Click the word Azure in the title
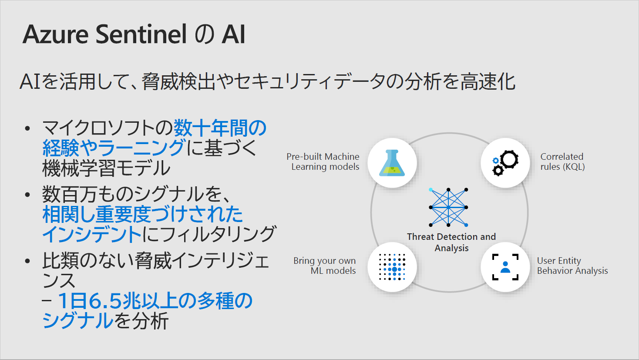tap(55, 34)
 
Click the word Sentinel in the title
tap(141, 34)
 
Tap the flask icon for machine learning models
tap(392, 163)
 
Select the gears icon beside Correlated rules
tap(505, 163)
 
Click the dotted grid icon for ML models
tap(392, 267)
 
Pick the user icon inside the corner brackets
tap(505, 267)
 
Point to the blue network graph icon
tap(448, 207)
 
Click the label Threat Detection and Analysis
tap(451, 242)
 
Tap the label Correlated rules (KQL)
tap(562, 161)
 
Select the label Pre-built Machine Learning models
tap(323, 161)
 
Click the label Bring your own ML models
tap(325, 266)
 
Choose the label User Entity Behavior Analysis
tap(572, 266)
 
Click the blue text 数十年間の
tap(220, 128)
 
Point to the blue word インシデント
tap(92, 235)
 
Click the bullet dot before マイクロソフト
tap(27, 128)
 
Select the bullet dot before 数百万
tap(27, 195)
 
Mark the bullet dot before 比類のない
tap(27, 261)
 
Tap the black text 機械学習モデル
tap(106, 168)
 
